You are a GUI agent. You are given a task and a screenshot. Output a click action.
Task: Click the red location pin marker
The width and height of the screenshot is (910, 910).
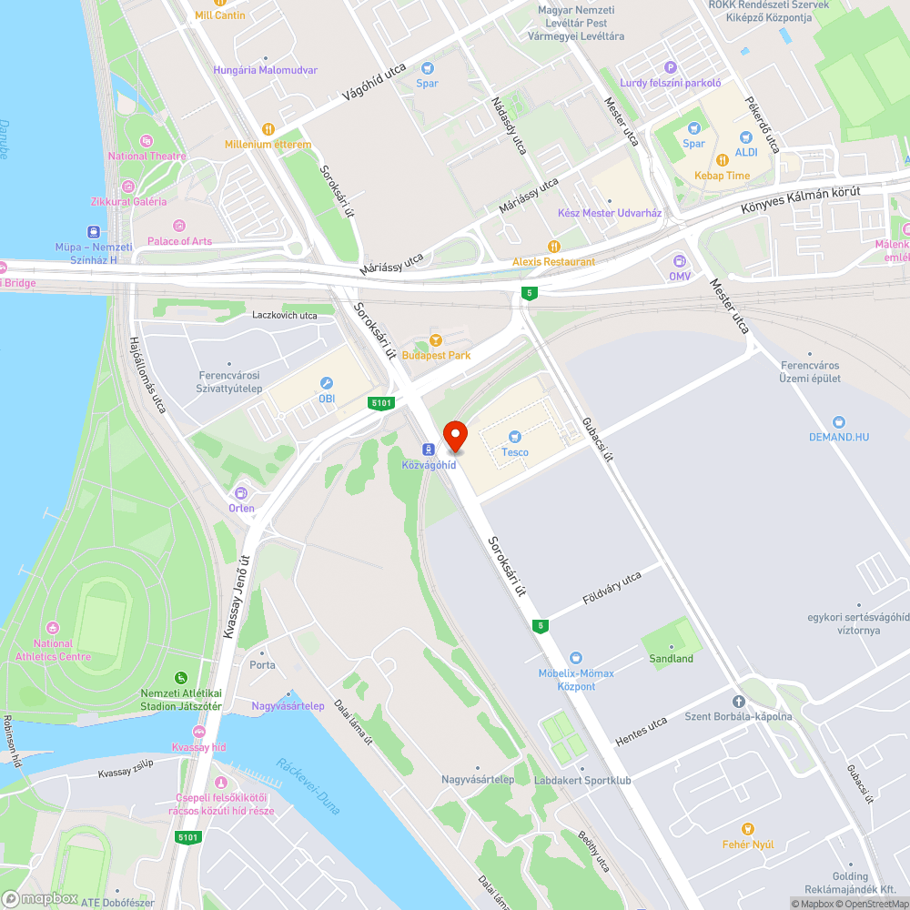tap(454, 436)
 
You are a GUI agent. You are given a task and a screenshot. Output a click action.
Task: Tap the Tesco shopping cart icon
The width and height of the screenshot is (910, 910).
tap(515, 438)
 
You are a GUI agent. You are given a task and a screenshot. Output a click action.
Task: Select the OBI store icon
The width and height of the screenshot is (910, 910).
tap(327, 383)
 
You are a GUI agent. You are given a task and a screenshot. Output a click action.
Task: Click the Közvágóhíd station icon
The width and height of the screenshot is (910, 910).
tap(428, 450)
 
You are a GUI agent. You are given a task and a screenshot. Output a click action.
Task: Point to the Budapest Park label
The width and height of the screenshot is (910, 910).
tap(440, 356)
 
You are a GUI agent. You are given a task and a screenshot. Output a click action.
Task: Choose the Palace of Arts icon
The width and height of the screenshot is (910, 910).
tap(179, 226)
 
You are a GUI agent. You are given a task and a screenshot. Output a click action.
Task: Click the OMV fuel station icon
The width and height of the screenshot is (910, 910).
tap(680, 261)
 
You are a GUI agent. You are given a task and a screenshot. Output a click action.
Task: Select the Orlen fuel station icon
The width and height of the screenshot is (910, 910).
tap(241, 493)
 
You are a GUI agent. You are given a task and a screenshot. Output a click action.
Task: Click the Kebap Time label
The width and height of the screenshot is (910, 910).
tap(723, 176)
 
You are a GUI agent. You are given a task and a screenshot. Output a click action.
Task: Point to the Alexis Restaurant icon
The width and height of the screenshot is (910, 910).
tap(553, 247)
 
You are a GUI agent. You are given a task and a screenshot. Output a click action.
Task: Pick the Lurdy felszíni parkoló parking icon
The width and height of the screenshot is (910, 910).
tap(671, 66)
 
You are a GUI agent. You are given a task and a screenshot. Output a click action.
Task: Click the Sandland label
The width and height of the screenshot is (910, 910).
tap(671, 659)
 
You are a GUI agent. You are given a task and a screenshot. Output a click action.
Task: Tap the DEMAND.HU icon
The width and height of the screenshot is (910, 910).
tap(838, 422)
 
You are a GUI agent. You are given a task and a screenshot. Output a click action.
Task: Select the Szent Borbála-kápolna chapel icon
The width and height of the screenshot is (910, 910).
tap(738, 702)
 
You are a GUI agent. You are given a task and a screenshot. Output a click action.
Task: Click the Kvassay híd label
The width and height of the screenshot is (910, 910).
tap(198, 747)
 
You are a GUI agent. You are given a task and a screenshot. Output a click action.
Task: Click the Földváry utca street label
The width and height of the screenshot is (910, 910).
tap(612, 589)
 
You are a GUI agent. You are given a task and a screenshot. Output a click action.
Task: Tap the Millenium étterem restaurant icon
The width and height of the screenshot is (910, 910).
tap(268, 129)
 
